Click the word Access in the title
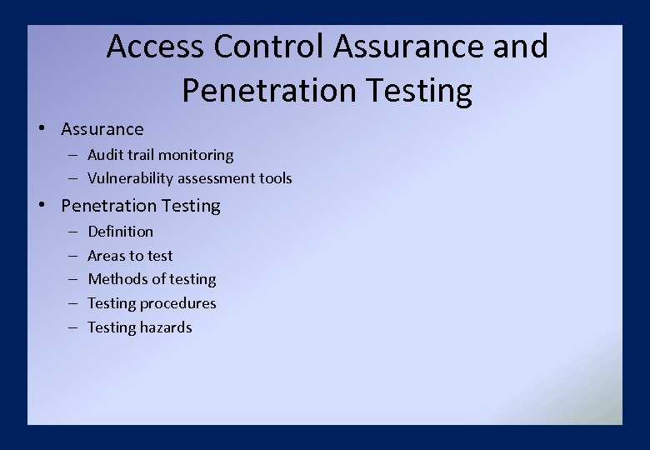point(155,47)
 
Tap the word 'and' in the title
point(521,47)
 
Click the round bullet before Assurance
point(40,128)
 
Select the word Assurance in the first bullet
point(102,129)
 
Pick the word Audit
point(104,155)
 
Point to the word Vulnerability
point(129,178)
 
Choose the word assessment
point(216,178)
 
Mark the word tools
point(276,178)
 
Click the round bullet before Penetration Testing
point(40,205)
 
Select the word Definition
point(121,232)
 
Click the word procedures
point(177,303)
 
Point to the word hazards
point(166,327)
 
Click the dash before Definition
point(72,232)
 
